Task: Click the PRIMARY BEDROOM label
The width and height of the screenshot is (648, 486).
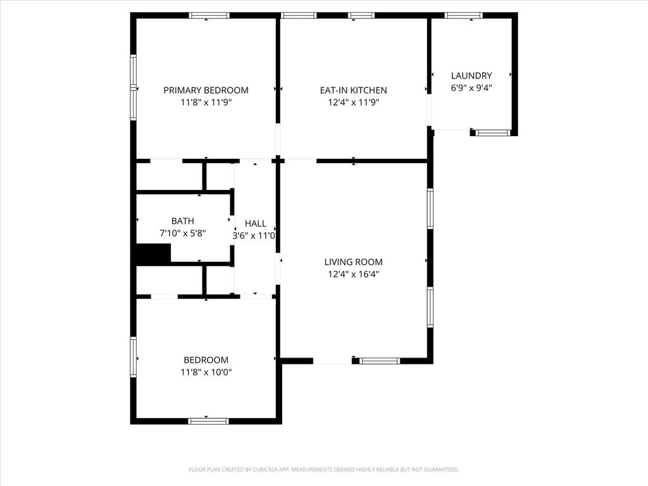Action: (206, 90)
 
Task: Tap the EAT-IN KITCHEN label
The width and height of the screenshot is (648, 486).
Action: (353, 90)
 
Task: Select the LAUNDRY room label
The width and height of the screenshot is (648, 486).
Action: (471, 76)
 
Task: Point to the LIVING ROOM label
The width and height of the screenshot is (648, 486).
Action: (353, 261)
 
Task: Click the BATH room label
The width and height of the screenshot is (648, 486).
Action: (183, 221)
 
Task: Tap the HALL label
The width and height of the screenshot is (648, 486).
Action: (256, 223)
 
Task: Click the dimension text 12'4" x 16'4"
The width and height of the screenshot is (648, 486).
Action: (353, 274)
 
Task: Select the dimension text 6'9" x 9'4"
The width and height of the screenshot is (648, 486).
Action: (471, 88)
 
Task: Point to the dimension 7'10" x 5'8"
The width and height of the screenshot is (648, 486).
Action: (183, 234)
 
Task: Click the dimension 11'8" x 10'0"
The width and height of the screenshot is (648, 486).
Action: (206, 372)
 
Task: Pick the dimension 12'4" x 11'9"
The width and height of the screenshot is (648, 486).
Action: (353, 103)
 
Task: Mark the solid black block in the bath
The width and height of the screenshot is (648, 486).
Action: (153, 253)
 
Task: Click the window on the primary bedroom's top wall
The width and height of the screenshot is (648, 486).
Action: (209, 16)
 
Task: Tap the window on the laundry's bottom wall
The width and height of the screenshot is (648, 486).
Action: (492, 133)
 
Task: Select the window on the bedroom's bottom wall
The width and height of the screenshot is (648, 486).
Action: (208, 421)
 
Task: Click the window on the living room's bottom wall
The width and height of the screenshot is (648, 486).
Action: (380, 361)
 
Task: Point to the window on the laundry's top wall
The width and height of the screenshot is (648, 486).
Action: (464, 16)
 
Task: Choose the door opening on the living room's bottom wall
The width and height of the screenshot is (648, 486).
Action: (332, 361)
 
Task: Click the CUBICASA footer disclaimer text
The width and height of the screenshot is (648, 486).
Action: (324, 470)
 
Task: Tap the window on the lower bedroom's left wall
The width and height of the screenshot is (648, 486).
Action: (134, 357)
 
